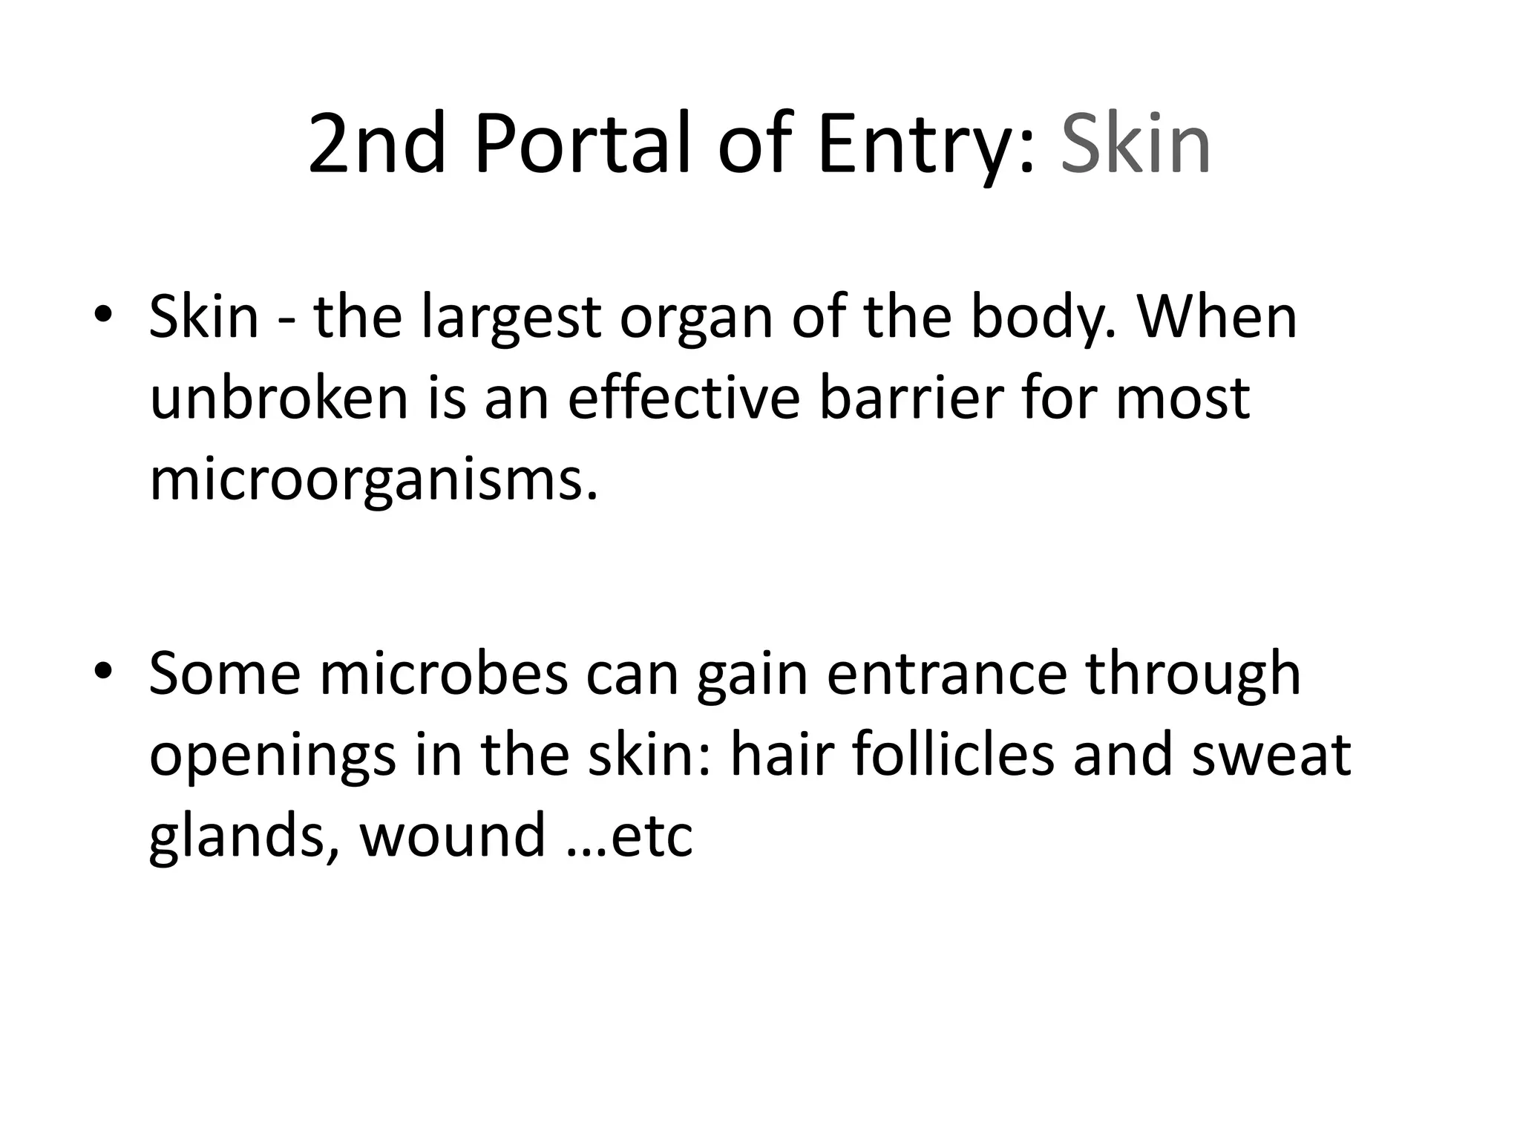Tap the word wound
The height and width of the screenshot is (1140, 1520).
pyautogui.click(x=452, y=836)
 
